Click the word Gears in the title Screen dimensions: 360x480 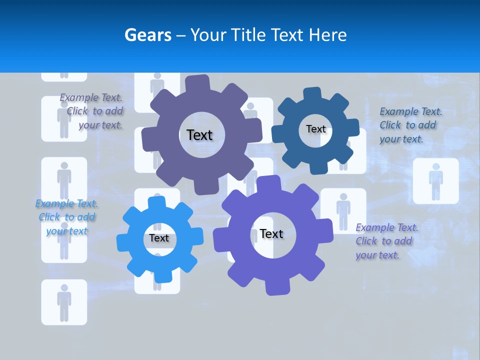pos(147,35)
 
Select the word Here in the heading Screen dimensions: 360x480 pos(328,35)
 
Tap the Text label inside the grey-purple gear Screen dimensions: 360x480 pos(199,135)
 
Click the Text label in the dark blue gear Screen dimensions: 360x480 pos(315,129)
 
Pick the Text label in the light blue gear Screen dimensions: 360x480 pos(159,238)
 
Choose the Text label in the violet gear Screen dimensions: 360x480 pos(271,233)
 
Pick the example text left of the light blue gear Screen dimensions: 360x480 pos(66,217)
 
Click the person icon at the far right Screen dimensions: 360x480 pos(435,181)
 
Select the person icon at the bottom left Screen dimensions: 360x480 pos(64,302)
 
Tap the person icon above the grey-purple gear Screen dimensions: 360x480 pos(157,85)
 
